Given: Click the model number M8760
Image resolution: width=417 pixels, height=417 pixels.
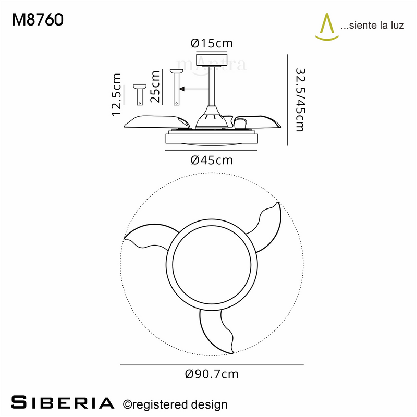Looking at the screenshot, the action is [x=38, y=20].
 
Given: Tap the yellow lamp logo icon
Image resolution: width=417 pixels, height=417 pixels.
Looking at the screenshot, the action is [x=327, y=27].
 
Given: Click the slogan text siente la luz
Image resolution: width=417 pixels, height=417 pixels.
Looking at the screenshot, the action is [x=372, y=26].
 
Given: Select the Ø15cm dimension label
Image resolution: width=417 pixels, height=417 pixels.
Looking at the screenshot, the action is [x=212, y=43].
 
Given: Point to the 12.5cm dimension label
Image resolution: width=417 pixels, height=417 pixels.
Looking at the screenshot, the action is [x=116, y=95].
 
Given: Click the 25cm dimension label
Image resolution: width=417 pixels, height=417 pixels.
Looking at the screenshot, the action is [x=155, y=87].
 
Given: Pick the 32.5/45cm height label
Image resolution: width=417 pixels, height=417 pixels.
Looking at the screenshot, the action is [x=300, y=100].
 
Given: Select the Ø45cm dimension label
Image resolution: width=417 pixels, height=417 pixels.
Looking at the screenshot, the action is [x=212, y=161].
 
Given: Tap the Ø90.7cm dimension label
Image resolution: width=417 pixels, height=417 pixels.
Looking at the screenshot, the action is [x=212, y=374].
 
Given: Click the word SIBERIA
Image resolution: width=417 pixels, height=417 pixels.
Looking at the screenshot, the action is [x=63, y=402].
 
